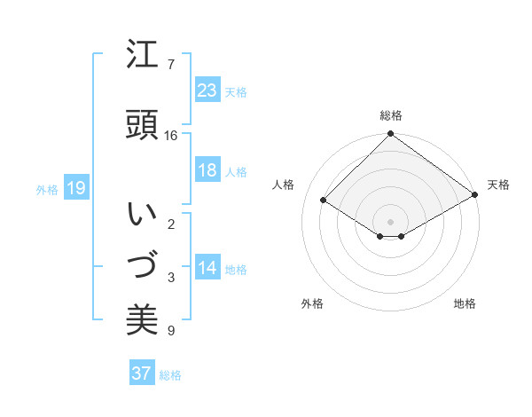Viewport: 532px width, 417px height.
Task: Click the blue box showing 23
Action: (207, 90)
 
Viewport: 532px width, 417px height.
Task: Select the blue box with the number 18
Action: (207, 170)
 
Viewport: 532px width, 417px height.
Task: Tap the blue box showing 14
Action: (207, 269)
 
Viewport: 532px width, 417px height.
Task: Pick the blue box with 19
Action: (75, 188)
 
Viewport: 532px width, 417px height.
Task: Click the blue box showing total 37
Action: (141, 374)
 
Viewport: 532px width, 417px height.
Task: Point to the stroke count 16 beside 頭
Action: (171, 136)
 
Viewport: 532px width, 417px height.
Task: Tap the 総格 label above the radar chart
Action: (391, 115)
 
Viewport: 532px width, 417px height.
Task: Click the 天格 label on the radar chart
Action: (498, 185)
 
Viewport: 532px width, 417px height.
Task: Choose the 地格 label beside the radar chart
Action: (465, 303)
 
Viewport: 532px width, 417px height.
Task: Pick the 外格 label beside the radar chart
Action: (312, 303)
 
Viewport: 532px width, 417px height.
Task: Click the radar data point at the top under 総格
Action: (390, 135)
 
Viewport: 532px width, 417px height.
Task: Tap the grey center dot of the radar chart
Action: (390, 220)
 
